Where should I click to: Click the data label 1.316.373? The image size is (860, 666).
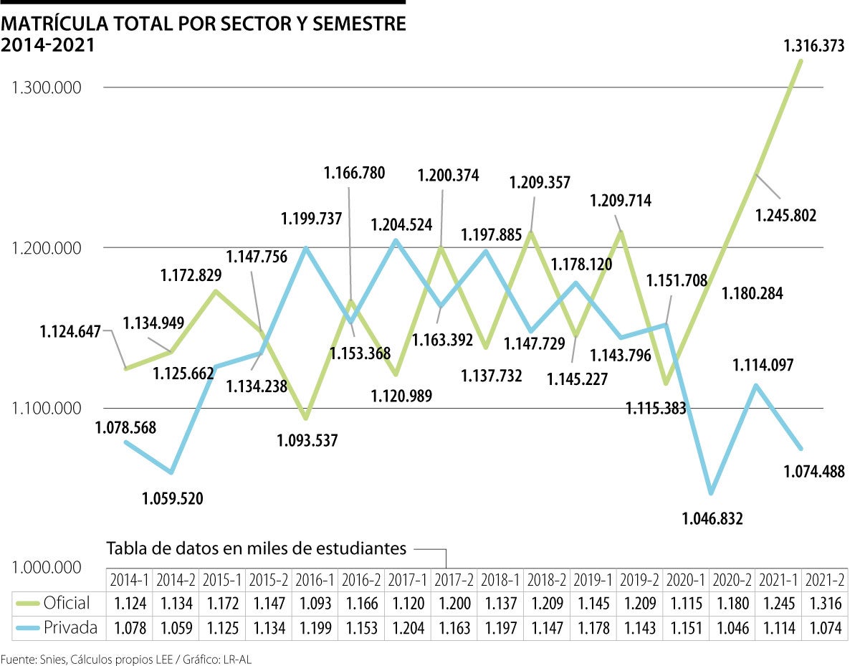[813, 46]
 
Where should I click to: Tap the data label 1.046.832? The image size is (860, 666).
[713, 518]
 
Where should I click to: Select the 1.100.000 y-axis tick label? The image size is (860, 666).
[47, 409]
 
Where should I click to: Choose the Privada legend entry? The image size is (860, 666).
[69, 628]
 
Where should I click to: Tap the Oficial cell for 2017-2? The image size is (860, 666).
[454, 603]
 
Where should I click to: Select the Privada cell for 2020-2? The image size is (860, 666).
[732, 629]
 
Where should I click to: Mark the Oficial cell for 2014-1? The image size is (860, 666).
[130, 603]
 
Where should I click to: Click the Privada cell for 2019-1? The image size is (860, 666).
[593, 629]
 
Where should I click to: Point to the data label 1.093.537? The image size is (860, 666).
[307, 440]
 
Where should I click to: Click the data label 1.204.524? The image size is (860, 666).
[401, 224]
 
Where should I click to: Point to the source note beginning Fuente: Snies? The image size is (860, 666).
[126, 658]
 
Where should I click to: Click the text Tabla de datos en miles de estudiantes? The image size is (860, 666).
[257, 549]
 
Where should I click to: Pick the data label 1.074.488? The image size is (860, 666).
[814, 471]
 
